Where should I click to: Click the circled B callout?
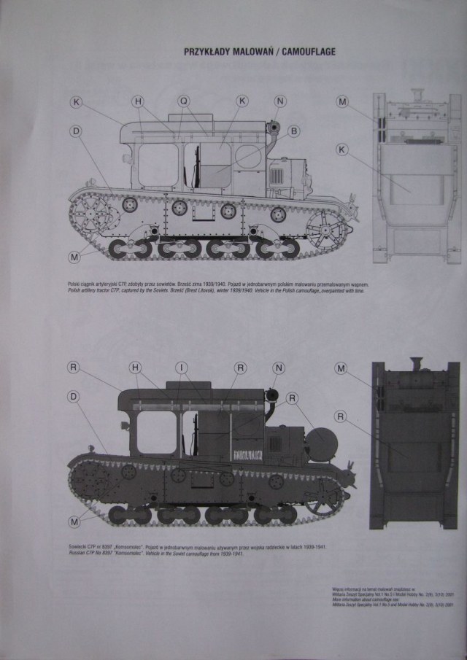pyautogui.click(x=293, y=131)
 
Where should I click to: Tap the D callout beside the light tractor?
pyautogui.click(x=75, y=131)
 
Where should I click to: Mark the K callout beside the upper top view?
pyautogui.click(x=341, y=149)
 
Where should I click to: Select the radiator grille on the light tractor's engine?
pyautogui.click(x=278, y=177)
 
